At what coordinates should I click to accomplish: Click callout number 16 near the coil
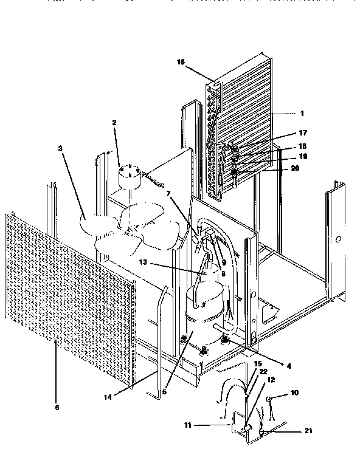[x=181, y=61]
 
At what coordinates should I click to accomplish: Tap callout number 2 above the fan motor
[x=113, y=122]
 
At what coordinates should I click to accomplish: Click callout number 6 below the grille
[x=58, y=408]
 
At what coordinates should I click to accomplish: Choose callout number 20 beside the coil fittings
[x=295, y=169]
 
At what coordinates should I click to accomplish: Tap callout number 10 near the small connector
[x=294, y=393]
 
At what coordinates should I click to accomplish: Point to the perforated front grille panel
[x=67, y=292]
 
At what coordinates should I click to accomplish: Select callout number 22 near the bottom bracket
[x=262, y=371]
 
